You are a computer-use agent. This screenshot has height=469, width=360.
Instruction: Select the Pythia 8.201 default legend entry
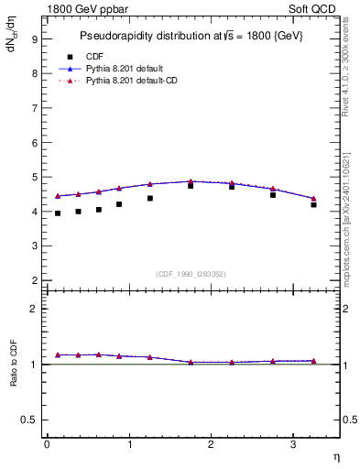[x=128, y=69]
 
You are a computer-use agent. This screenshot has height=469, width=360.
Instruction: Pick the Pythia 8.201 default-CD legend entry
[x=136, y=81]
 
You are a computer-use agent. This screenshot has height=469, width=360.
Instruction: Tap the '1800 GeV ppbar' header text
[x=86, y=9]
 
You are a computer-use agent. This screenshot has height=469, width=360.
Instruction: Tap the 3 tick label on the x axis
[x=293, y=444]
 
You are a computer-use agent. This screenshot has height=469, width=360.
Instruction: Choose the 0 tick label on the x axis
[x=47, y=444]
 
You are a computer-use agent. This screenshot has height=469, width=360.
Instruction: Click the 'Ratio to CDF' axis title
[x=14, y=364]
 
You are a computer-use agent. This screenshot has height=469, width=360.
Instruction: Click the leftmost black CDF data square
[x=57, y=213]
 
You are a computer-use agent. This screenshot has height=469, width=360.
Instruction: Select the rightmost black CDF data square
[x=313, y=204]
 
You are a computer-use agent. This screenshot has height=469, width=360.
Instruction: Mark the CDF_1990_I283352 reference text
[x=190, y=273]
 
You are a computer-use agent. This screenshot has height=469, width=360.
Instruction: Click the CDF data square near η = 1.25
[x=149, y=198]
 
